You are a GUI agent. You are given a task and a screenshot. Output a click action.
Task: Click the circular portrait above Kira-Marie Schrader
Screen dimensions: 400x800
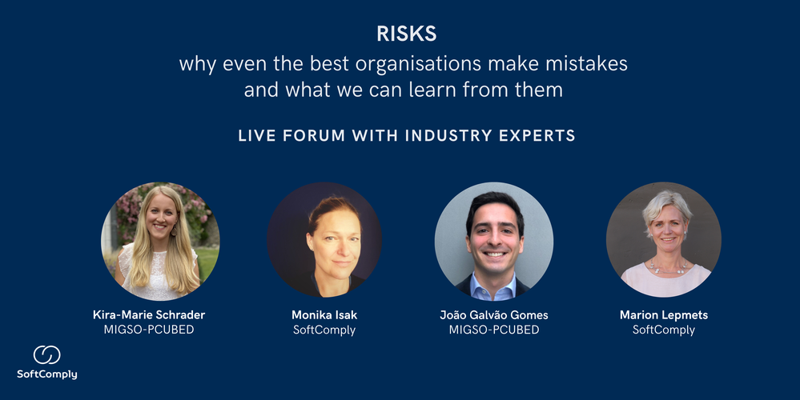click(x=160, y=241)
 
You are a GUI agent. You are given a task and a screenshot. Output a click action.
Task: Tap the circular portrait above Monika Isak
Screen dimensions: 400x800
click(x=324, y=241)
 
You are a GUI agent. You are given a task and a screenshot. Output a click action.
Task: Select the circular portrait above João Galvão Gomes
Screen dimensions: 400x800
click(x=494, y=241)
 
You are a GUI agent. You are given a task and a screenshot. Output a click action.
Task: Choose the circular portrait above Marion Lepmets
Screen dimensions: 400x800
click(x=663, y=241)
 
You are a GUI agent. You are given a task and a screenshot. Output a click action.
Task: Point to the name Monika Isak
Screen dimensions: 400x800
click(x=324, y=315)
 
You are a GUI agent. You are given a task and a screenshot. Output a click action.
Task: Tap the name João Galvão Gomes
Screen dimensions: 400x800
click(x=494, y=315)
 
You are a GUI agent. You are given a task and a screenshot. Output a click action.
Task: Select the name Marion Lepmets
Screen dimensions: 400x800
click(x=663, y=315)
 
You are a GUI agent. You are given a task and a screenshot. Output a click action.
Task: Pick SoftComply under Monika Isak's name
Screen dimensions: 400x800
click(x=324, y=330)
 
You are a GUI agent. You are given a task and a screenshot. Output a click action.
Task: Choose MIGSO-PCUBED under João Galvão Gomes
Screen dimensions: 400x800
click(x=494, y=330)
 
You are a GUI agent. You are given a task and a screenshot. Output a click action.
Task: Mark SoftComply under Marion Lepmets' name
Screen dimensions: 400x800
click(x=663, y=330)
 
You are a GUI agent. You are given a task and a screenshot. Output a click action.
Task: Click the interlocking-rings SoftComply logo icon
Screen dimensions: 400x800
click(x=46, y=355)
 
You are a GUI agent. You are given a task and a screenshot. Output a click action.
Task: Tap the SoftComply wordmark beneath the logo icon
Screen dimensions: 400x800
click(x=47, y=374)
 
